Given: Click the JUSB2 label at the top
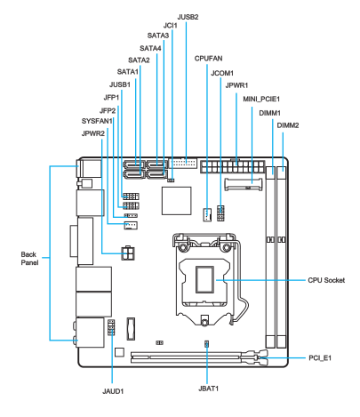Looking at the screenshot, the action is coord(188,17).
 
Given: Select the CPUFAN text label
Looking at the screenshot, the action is coord(208,59).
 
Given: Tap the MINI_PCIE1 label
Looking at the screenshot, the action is coord(261,99).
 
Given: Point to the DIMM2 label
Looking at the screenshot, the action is coord(288,125).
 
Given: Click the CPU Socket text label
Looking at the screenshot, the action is coord(326,280).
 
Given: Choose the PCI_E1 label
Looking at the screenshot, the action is coord(320,358).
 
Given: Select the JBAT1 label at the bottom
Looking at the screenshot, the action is coord(208,389).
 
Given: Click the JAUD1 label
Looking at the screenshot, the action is coord(113,391).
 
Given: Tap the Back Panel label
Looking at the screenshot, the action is coord(29,259).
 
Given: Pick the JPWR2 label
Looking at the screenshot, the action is coord(93,133).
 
